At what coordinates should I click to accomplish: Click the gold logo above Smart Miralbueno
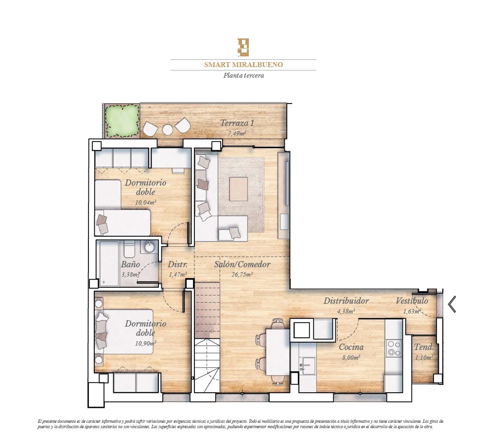coord(243,47)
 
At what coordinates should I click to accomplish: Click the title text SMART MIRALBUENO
coord(243,65)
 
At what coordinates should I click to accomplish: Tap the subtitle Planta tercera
coord(243,75)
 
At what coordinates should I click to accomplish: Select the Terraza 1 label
coord(237,123)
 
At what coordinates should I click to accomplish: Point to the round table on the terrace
coord(168,130)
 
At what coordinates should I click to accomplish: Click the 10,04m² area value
coord(145,202)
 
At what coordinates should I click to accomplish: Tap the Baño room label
coord(130,264)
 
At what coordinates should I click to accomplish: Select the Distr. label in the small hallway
coord(177,264)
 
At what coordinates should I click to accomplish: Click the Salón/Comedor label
coord(242,264)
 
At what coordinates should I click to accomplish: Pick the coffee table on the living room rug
coord(238,189)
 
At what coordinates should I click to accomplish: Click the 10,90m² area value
coord(145,343)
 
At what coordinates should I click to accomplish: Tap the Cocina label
coord(351,347)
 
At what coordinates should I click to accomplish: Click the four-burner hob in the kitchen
coord(394,348)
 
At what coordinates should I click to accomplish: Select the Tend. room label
coord(424,347)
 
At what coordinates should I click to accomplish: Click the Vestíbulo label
coord(412,300)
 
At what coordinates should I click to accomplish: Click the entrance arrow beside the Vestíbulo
coord(452,304)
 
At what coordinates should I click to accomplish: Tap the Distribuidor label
coord(346,300)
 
